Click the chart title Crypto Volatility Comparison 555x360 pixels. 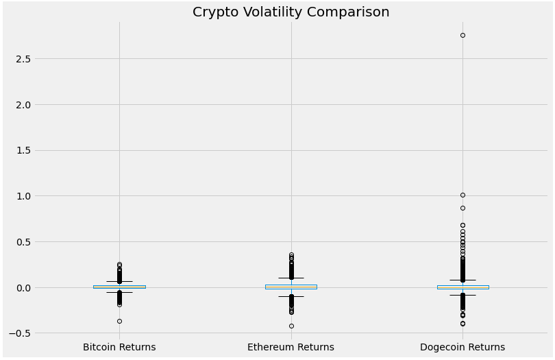pyautogui.click(x=291, y=12)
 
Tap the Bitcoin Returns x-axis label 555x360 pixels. pyautogui.click(x=119, y=347)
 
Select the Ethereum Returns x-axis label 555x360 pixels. pyautogui.click(x=291, y=347)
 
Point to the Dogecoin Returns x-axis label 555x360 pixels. pyautogui.click(x=463, y=347)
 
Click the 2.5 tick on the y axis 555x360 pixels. pyautogui.click(x=24, y=59)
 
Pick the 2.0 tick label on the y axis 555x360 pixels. pyautogui.click(x=24, y=105)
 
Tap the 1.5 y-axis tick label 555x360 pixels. pyautogui.click(x=24, y=150)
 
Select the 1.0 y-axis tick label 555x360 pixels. pyautogui.click(x=24, y=196)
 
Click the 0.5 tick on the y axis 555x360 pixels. pyautogui.click(x=24, y=242)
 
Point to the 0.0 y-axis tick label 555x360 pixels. pyautogui.click(x=24, y=288)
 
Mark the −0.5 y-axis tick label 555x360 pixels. pyautogui.click(x=21, y=333)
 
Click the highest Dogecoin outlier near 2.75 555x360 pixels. pyautogui.click(x=463, y=35)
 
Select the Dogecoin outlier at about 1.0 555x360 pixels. pyautogui.click(x=463, y=195)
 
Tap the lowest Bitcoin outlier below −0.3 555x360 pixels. pyautogui.click(x=119, y=321)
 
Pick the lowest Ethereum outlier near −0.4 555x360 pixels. pyautogui.click(x=291, y=326)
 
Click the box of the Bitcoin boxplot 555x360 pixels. pyautogui.click(x=119, y=287)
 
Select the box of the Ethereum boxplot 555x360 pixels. pyautogui.click(x=291, y=287)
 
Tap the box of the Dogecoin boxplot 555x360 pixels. pyautogui.click(x=463, y=287)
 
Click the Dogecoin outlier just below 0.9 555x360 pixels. pyautogui.click(x=463, y=208)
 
